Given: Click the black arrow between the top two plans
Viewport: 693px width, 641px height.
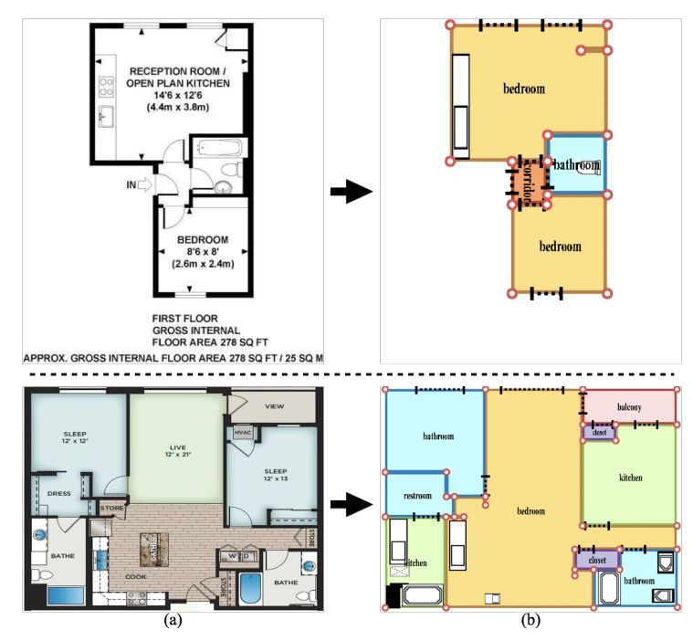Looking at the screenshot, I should coord(352,192).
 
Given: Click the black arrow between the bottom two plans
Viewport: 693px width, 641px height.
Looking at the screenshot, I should coord(352,503).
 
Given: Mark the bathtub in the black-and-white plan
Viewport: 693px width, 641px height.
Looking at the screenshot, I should coord(220,148).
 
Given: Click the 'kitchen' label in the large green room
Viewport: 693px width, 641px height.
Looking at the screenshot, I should coord(630,478).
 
